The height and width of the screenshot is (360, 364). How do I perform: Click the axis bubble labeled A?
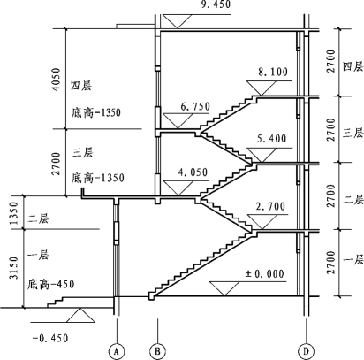click(x=117, y=351)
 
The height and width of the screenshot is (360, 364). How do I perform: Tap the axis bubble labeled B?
click(x=157, y=351)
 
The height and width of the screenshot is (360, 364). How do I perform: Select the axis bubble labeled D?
click(x=306, y=351)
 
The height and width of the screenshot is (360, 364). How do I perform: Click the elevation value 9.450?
click(x=216, y=4)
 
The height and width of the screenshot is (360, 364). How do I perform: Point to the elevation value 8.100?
click(x=273, y=72)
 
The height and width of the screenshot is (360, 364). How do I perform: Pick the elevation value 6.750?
click(x=195, y=106)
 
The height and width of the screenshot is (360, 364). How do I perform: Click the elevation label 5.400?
click(x=271, y=139)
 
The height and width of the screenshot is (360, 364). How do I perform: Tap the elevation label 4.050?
click(x=193, y=172)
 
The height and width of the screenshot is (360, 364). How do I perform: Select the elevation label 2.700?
click(x=270, y=206)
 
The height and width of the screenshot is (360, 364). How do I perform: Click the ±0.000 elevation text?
click(x=265, y=274)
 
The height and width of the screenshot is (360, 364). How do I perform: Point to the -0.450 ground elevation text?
click(x=50, y=338)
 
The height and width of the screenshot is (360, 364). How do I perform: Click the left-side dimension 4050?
click(x=56, y=80)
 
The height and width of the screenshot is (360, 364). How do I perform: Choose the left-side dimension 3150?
click(x=13, y=268)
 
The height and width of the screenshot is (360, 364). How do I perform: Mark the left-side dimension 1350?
click(x=13, y=213)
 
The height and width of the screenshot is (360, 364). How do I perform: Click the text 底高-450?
click(x=50, y=285)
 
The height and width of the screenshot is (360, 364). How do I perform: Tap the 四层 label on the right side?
click(x=353, y=66)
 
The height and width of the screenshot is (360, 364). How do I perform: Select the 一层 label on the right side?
click(x=353, y=260)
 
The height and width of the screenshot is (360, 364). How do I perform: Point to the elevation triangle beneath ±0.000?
click(x=224, y=288)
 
